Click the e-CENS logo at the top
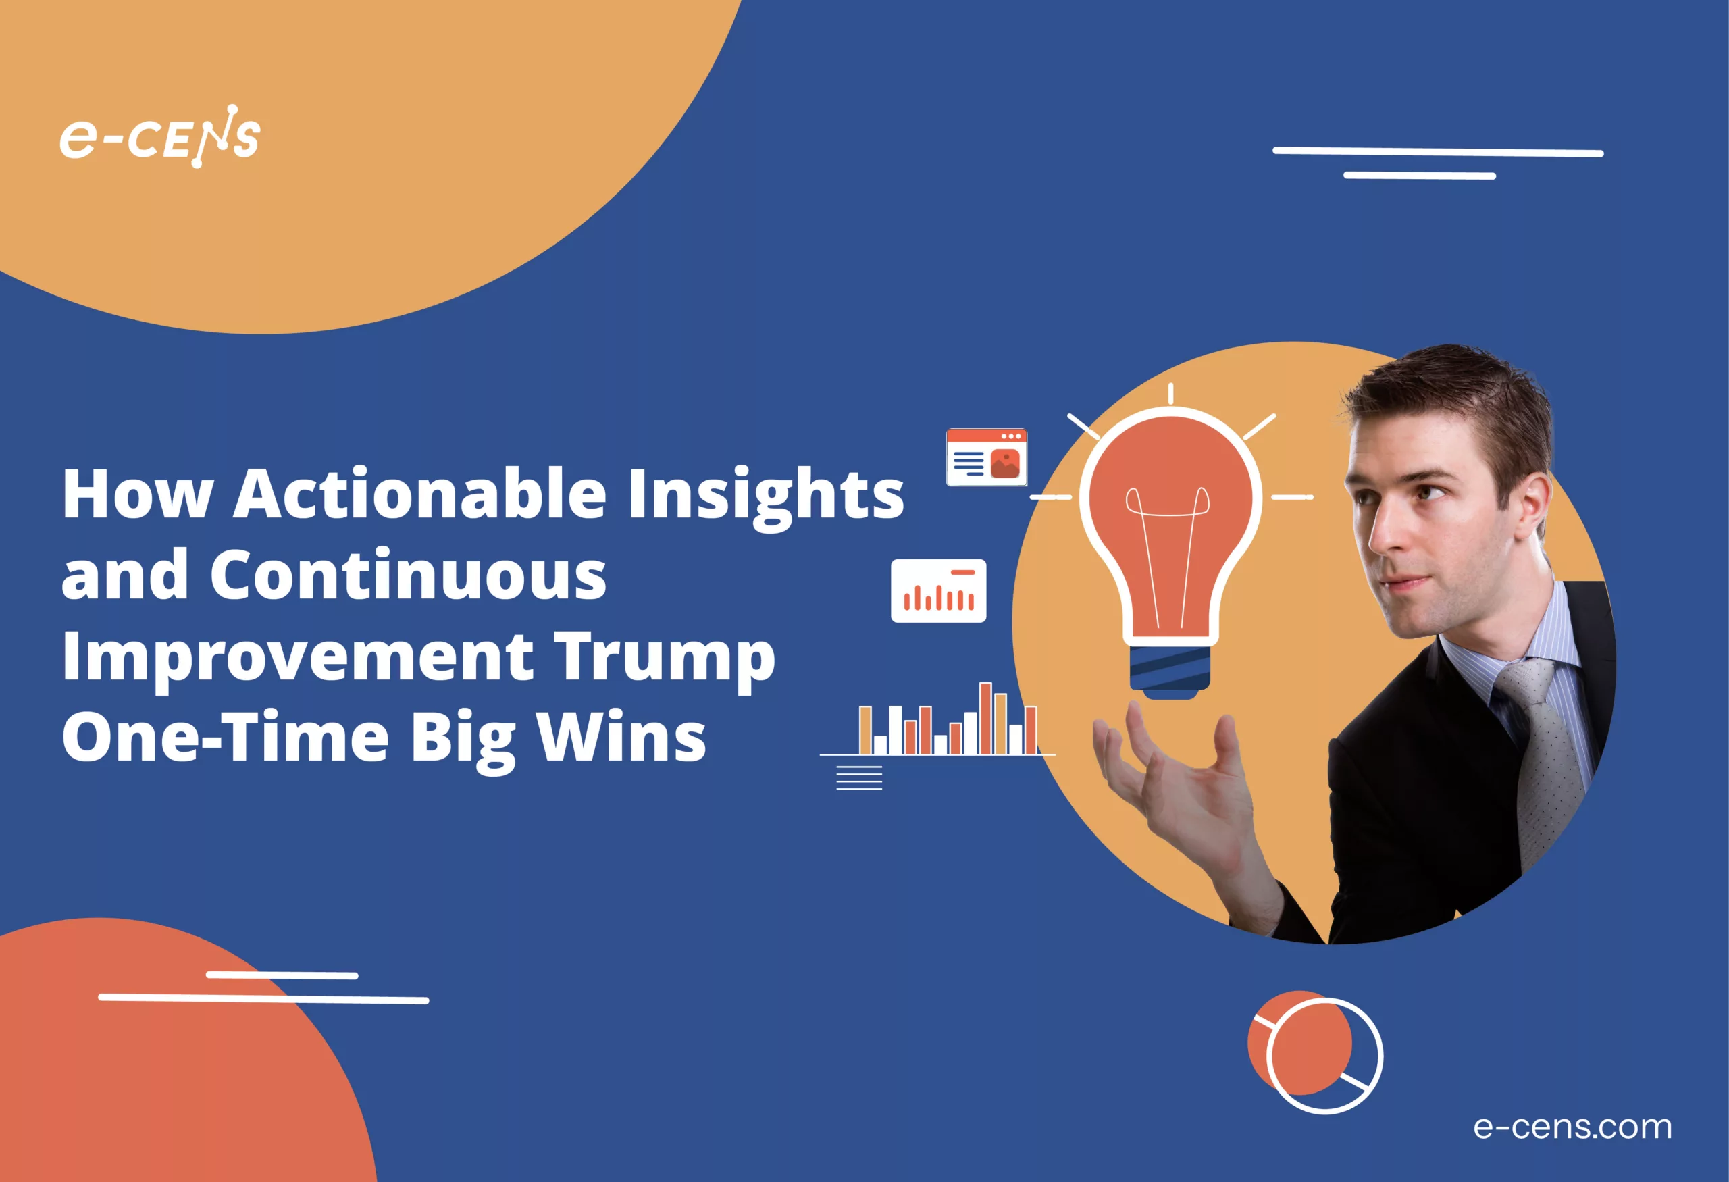coord(160,137)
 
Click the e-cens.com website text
coord(1573,1127)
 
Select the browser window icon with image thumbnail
coord(987,457)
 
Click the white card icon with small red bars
coord(938,590)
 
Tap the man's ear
coord(1532,506)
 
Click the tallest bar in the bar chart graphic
coord(985,718)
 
